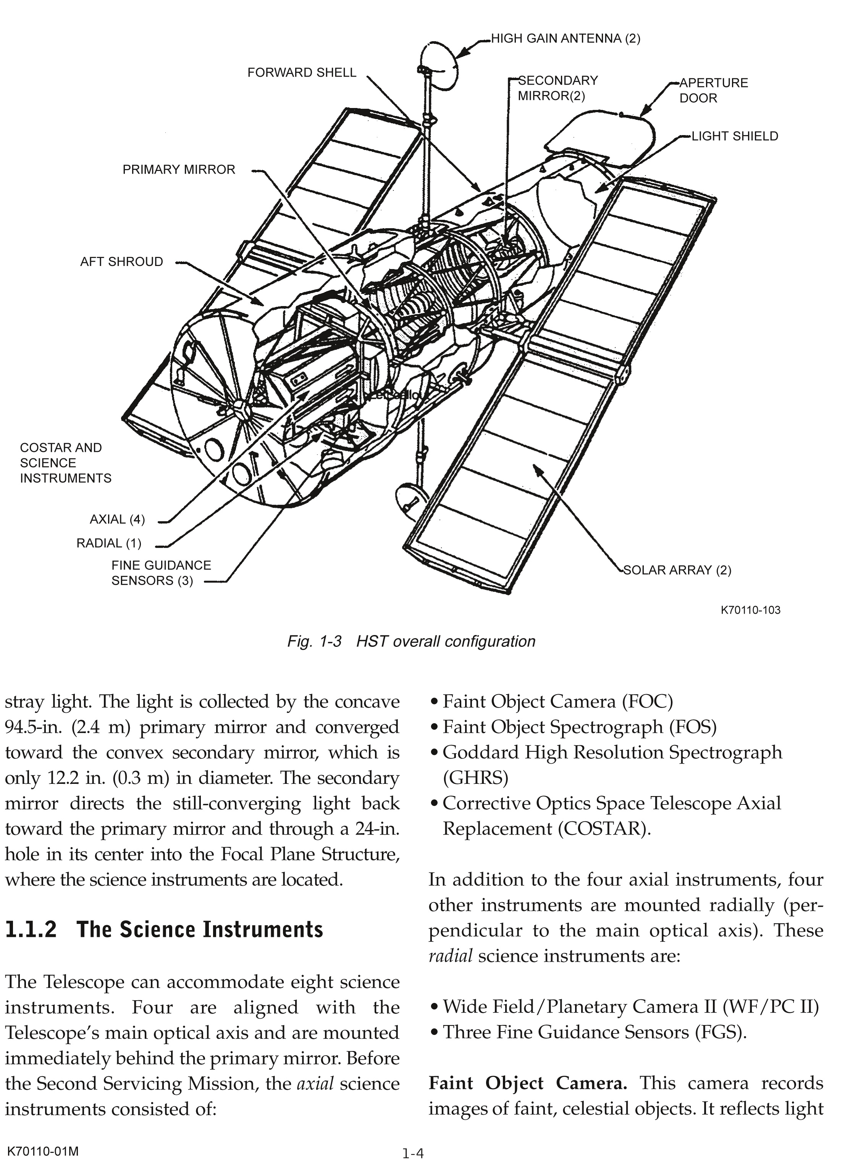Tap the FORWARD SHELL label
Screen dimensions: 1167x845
tap(301, 73)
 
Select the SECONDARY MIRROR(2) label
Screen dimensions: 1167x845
tap(557, 88)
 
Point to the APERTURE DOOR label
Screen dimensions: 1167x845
tap(713, 90)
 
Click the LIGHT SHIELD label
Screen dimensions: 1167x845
tap(734, 136)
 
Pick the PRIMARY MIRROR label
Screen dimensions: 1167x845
tap(179, 169)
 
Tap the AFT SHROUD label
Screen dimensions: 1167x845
tap(121, 261)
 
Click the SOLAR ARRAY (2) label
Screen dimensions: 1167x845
tap(677, 570)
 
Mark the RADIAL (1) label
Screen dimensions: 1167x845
tap(109, 543)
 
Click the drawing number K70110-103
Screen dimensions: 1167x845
tap(750, 610)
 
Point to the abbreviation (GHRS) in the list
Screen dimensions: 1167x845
tap(475, 777)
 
